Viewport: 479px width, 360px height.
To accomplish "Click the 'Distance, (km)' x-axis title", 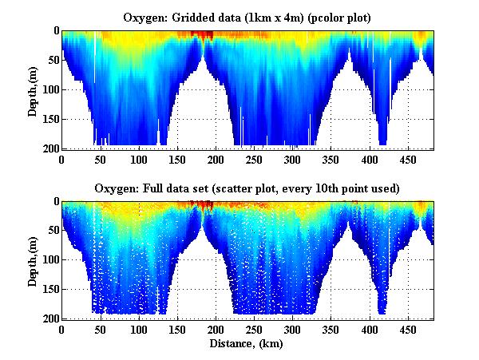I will (247, 344).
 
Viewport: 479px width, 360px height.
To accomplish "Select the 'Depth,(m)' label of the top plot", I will (32, 89).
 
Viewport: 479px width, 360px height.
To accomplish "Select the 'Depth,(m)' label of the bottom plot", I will (32, 260).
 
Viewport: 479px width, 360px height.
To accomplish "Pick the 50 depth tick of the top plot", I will (50, 61).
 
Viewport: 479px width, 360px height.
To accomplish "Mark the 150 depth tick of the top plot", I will (48, 119).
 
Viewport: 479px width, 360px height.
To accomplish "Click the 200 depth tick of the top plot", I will (48, 148).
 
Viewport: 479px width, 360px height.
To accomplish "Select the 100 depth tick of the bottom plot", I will (48, 260).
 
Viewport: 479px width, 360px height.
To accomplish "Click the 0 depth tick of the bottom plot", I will (53, 202).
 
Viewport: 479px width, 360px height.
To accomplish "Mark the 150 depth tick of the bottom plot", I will (48, 290).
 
